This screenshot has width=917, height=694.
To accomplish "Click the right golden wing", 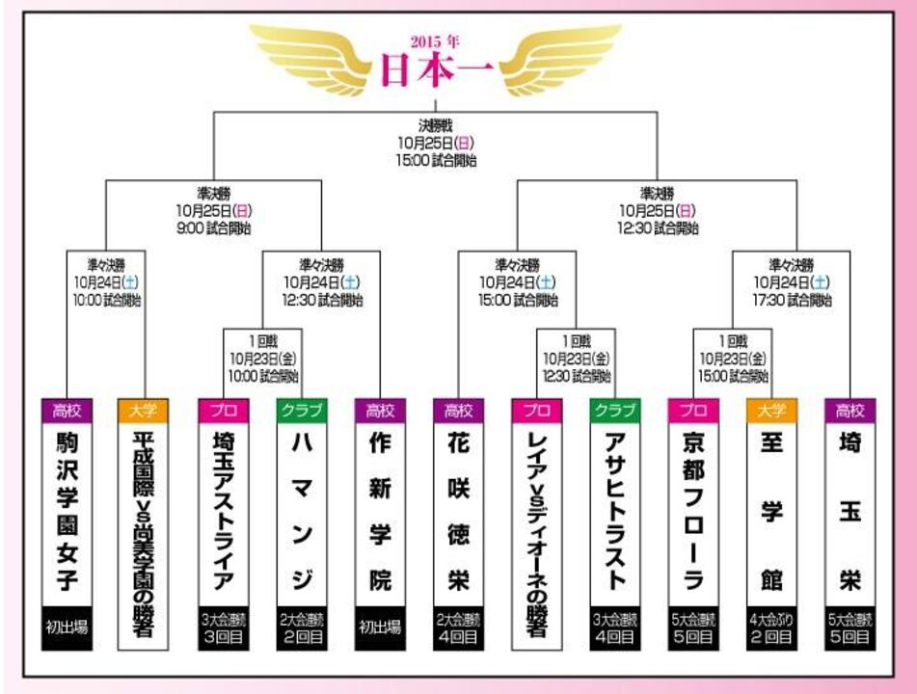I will [554, 57].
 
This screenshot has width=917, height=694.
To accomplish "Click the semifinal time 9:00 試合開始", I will [202, 227].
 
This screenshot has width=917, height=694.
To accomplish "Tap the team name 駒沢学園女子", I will [66, 511].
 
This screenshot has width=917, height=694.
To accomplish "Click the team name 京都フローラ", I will [693, 511].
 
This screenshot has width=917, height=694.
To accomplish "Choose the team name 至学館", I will [771, 511].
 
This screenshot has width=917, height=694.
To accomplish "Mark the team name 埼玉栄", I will [850, 511].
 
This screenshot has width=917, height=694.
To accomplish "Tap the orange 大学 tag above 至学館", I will [771, 410].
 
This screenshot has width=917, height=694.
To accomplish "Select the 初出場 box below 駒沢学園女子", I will [66, 627].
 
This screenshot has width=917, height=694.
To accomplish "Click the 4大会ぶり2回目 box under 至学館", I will [771, 627].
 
